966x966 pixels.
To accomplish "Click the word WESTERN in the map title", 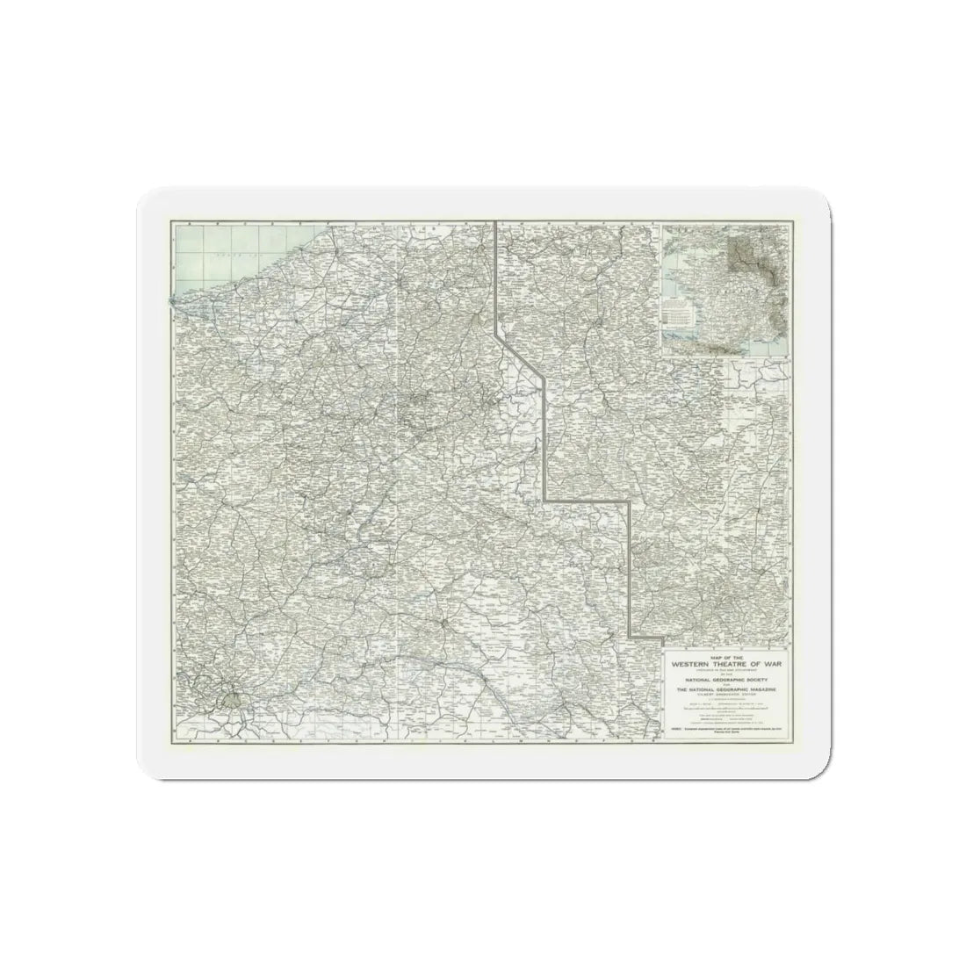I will point(696,665).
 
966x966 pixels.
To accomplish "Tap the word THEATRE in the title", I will point(735,665).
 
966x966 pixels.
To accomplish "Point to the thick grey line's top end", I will point(496,221).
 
